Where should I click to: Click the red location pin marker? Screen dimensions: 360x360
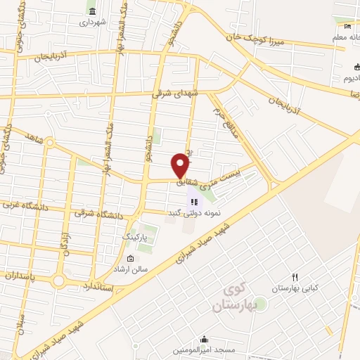[181, 165]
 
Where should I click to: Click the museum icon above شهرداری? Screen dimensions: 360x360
[92, 11]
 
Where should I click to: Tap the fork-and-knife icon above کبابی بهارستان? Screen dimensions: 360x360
[295, 277]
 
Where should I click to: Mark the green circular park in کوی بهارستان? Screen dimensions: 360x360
[260, 304]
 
